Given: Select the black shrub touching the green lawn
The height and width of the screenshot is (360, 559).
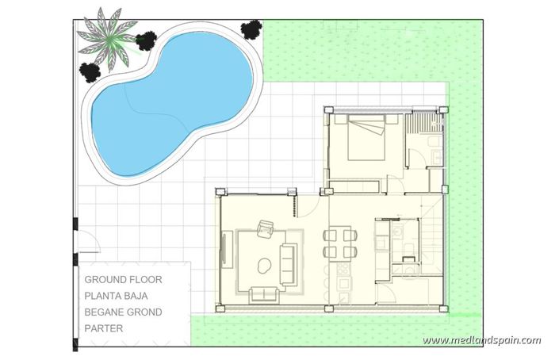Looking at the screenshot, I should (251, 29).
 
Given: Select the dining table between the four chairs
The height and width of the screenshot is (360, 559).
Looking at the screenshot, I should (337, 242).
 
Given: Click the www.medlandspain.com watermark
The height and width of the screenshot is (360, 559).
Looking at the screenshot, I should (481, 341).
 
